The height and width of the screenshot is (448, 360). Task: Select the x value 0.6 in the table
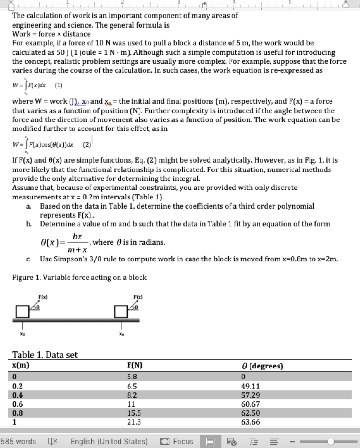point(18,404)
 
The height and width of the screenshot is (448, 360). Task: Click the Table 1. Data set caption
point(45,355)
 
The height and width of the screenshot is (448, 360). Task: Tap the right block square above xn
point(121,311)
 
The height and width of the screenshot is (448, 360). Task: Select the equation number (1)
point(59,86)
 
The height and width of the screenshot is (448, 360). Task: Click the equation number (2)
point(87,144)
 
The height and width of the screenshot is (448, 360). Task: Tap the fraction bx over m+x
point(77,243)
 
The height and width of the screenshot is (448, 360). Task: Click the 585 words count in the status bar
point(18,441)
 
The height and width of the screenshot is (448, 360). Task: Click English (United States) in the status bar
point(109,441)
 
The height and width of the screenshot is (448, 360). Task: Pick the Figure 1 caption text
point(79,277)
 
